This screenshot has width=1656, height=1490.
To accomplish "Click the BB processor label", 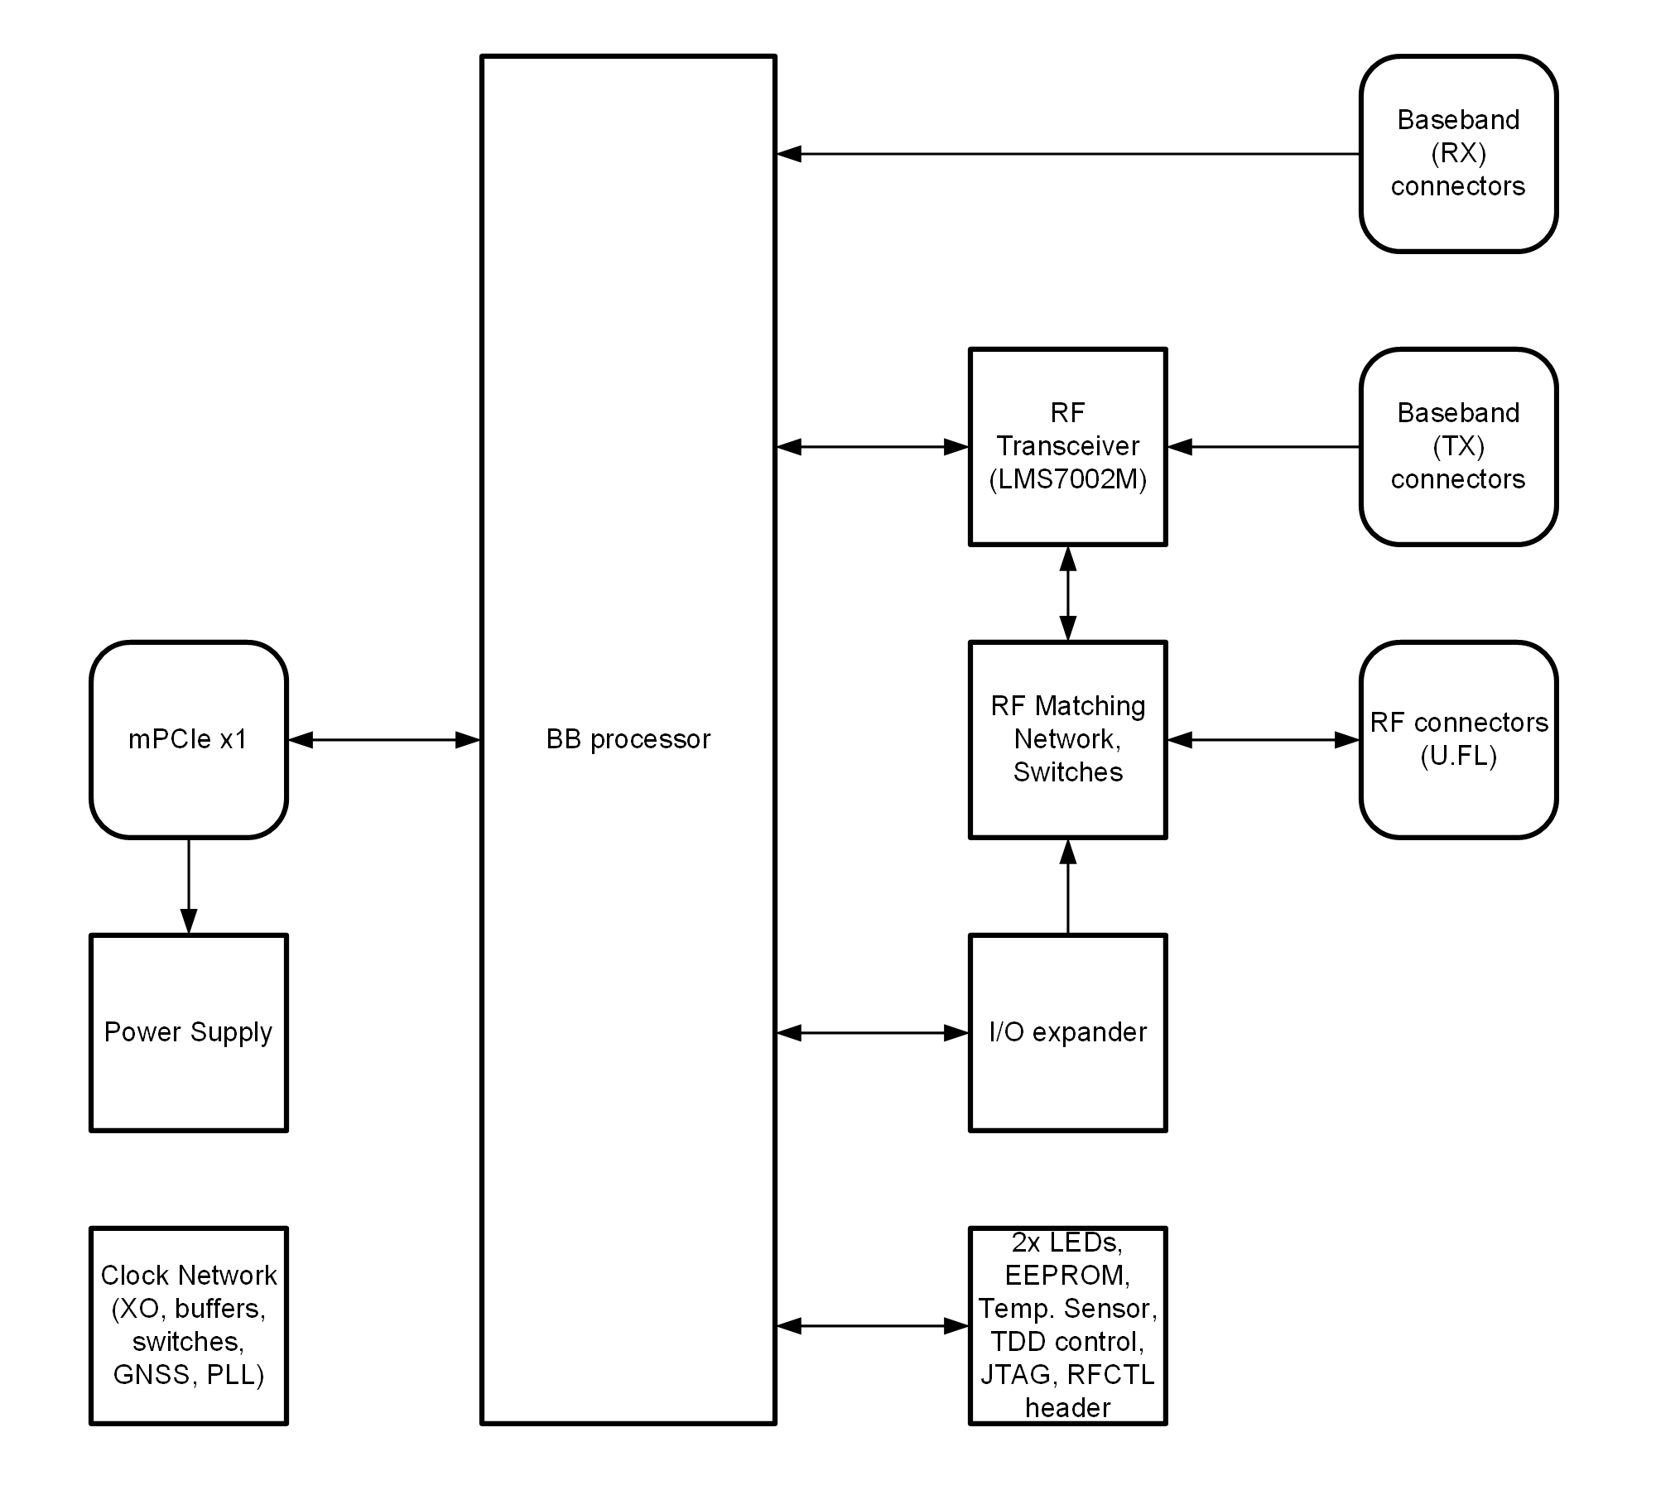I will [x=628, y=739].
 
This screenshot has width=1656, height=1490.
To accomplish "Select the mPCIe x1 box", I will [x=189, y=739].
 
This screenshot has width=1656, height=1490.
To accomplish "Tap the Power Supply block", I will [x=189, y=1032].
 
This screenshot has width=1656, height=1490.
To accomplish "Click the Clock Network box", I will [x=189, y=1325].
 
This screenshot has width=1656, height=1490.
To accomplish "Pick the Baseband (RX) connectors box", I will [x=1458, y=153].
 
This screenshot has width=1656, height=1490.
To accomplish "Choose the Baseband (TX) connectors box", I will [x=1458, y=446].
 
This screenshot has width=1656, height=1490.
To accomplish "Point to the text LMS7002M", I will [x=1067, y=480].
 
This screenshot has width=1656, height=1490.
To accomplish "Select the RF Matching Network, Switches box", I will [x=1067, y=739].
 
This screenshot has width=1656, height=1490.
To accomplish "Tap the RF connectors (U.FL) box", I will [x=1458, y=739].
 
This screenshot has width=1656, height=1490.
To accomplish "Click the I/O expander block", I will [x=1067, y=1032].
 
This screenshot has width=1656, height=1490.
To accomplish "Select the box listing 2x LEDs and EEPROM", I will [x=1067, y=1325].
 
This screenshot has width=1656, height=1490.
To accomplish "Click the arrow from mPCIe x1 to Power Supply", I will [x=189, y=886].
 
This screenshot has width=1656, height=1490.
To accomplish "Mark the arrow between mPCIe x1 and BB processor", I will [x=384, y=739].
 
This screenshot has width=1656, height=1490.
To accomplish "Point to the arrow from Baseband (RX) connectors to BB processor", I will [x=1068, y=153].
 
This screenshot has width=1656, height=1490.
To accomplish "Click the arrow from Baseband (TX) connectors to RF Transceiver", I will [x=1264, y=446].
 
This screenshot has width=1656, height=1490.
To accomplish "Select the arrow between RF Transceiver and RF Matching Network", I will [x=1067, y=593].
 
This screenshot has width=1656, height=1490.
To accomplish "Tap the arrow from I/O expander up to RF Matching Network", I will [x=1067, y=886].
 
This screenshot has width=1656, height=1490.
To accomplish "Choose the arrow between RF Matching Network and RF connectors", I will [x=1264, y=739].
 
